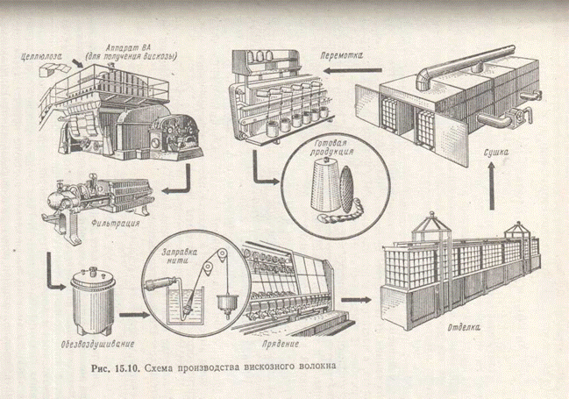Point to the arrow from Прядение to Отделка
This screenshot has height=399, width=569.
point(355,297)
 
